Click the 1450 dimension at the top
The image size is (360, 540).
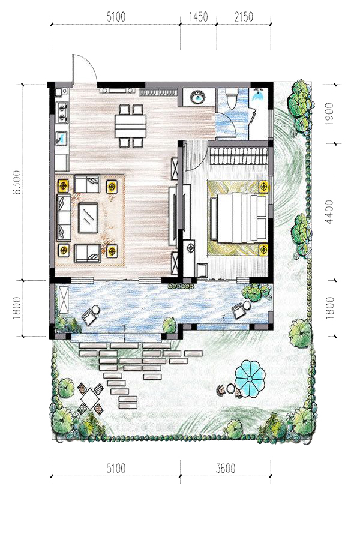pos(199,17)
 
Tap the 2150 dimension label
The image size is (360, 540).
pos(244,17)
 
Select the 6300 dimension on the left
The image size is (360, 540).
pos(17,182)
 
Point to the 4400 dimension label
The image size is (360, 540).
pos(329,212)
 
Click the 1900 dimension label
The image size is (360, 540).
pos(329,114)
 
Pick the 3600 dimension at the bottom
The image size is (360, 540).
pos(226,469)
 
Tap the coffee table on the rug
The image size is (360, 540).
pos(88,218)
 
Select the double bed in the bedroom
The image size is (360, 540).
pos(239,218)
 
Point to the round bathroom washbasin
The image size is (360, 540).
pos(198,97)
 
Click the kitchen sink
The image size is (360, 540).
pos(61,139)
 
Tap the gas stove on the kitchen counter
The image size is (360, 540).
pos(62,112)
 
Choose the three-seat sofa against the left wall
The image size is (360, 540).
pos(64,218)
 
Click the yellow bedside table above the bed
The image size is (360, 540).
pos(263,187)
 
